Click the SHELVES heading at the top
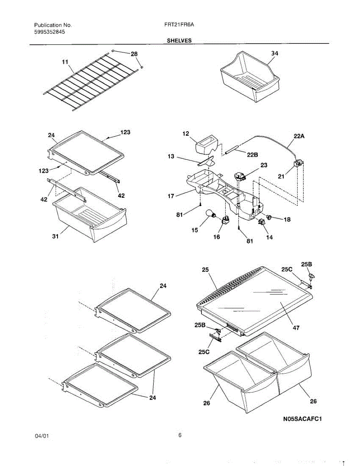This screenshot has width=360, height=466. (179, 40)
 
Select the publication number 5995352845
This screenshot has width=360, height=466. (50, 32)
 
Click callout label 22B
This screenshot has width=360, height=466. (252, 155)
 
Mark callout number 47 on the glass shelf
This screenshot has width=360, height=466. (296, 327)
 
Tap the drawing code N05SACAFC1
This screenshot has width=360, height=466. (303, 419)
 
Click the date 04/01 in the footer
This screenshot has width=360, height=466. (42, 436)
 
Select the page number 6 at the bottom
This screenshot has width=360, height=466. (180, 435)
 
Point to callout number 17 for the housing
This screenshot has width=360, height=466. (171, 196)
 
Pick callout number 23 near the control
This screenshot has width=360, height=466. (264, 165)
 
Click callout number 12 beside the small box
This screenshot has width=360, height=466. (185, 134)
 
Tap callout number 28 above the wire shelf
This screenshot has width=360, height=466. (134, 54)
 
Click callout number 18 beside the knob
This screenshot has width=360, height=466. (287, 219)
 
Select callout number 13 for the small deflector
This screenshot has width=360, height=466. (171, 156)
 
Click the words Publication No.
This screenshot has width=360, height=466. (53, 25)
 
